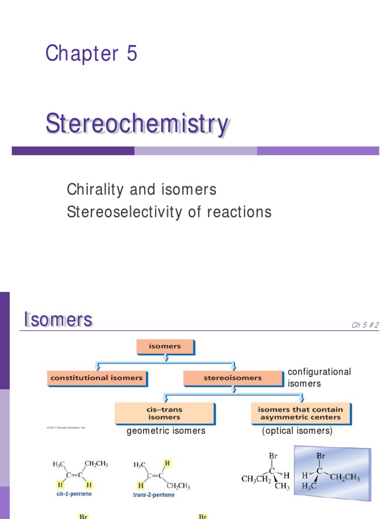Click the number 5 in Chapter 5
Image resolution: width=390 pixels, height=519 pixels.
click(132, 53)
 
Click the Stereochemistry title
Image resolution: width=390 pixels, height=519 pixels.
click(137, 125)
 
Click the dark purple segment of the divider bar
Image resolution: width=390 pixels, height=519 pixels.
click(73, 151)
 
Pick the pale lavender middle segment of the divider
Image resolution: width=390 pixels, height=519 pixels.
click(196, 151)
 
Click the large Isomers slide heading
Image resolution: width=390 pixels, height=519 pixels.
click(58, 320)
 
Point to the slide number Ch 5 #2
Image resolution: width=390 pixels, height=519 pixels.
click(365, 325)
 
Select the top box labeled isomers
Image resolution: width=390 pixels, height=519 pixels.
click(166, 347)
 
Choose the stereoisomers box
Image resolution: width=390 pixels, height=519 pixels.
click(233, 378)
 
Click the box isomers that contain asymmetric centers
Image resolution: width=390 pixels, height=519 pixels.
click(300, 413)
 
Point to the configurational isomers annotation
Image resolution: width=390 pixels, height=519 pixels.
click(319, 378)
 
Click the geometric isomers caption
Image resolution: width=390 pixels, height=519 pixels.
click(166, 431)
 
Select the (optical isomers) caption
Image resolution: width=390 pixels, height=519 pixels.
click(297, 431)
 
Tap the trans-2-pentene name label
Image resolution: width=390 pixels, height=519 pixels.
click(155, 494)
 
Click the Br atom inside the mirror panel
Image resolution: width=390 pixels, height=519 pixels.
click(320, 456)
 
